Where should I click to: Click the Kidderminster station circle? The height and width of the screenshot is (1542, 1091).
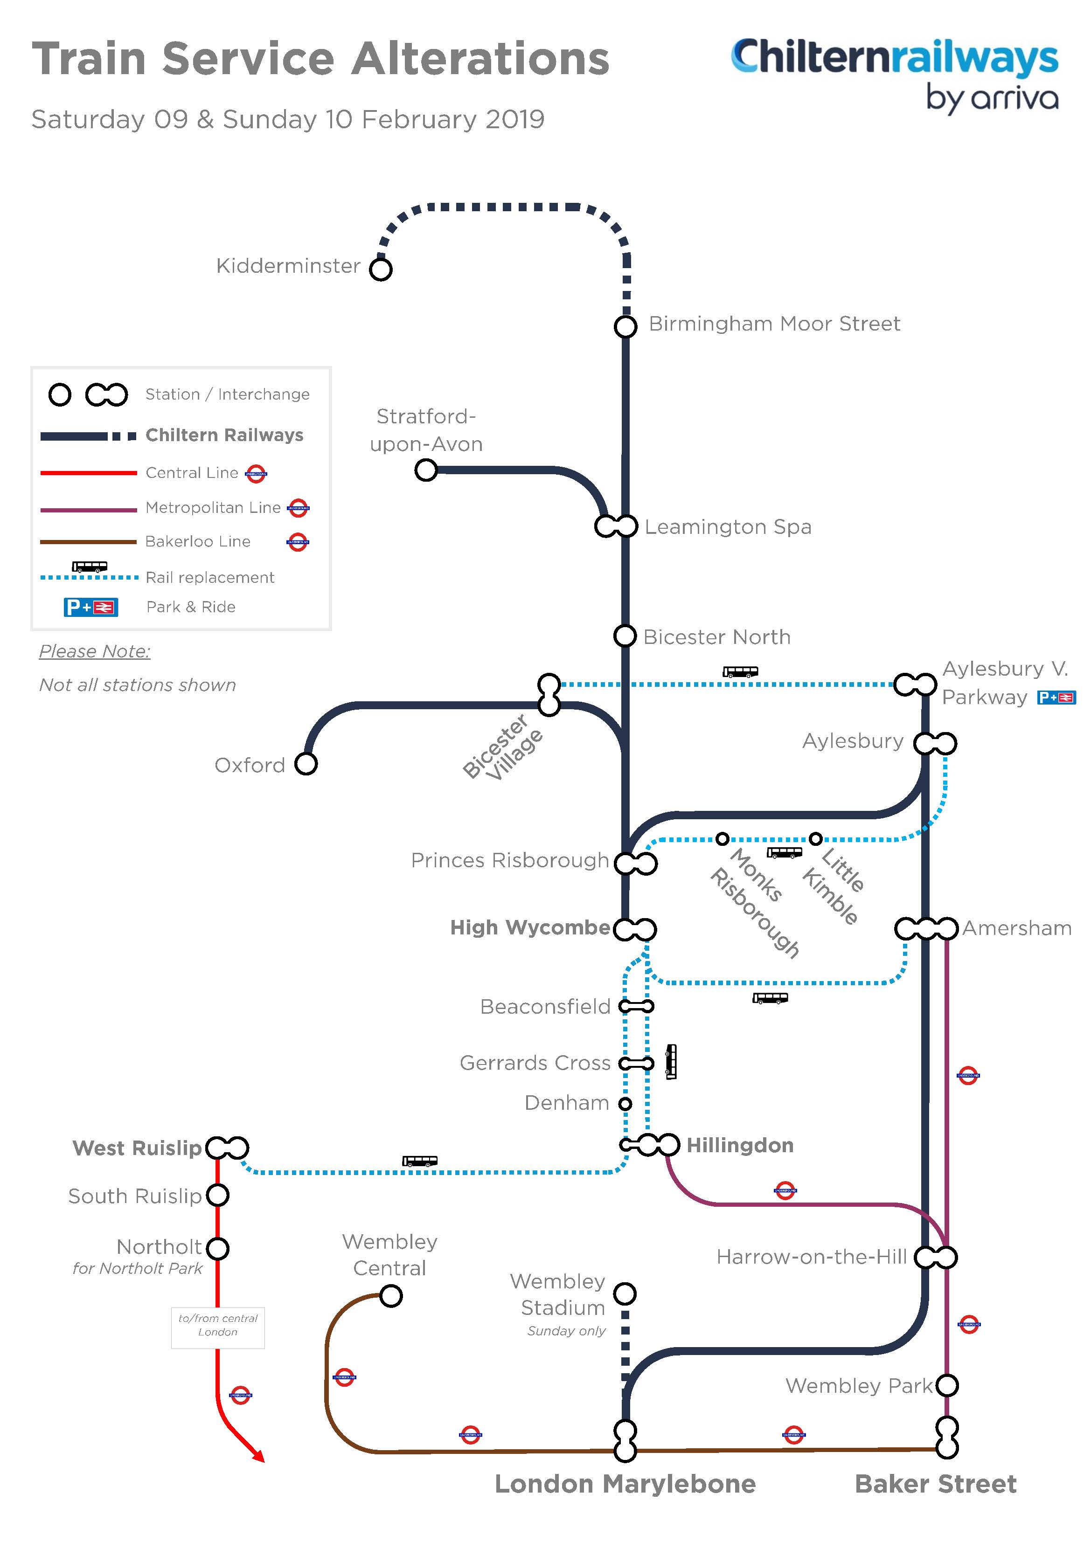pos(381,270)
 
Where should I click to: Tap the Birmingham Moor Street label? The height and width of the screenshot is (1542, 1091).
pos(774,324)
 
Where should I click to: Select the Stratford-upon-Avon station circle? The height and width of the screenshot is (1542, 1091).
pos(426,470)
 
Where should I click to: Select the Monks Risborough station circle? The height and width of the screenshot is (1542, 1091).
pos(722,838)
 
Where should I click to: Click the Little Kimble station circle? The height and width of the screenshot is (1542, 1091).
pos(815,838)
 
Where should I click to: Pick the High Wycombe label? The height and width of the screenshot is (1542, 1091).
pos(530,927)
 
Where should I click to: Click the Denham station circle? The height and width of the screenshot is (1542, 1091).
pos(625,1103)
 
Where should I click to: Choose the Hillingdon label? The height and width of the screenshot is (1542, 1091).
pos(740,1145)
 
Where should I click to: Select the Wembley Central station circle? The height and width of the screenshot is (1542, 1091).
pos(391,1295)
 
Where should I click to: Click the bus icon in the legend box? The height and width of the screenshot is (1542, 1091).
pos(90,567)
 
